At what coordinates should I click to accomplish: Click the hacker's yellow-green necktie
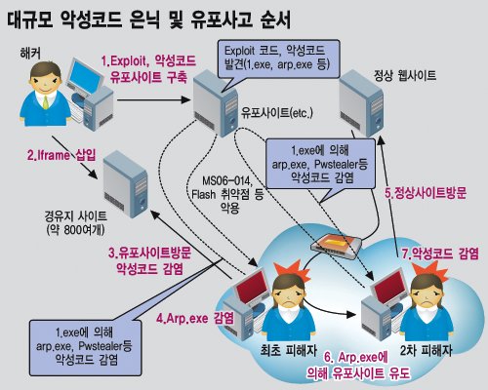point(46,102)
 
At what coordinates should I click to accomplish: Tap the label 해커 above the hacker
point(30,54)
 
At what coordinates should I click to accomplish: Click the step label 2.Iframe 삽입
point(61,155)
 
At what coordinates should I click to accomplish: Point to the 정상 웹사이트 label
point(405,76)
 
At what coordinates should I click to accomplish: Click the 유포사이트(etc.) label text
point(277,113)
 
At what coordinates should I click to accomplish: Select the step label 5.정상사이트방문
point(426,193)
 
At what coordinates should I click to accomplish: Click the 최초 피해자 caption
point(289,351)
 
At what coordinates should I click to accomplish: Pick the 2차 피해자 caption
point(426,350)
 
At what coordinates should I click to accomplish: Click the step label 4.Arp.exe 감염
point(195,318)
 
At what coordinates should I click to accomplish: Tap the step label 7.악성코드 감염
point(440,253)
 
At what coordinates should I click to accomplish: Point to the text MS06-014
point(227,180)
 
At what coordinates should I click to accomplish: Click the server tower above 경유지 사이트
point(125,183)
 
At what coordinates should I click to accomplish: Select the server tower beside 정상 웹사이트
point(361,103)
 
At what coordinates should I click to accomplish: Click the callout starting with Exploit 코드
point(278,59)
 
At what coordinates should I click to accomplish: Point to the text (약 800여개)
point(75,230)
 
